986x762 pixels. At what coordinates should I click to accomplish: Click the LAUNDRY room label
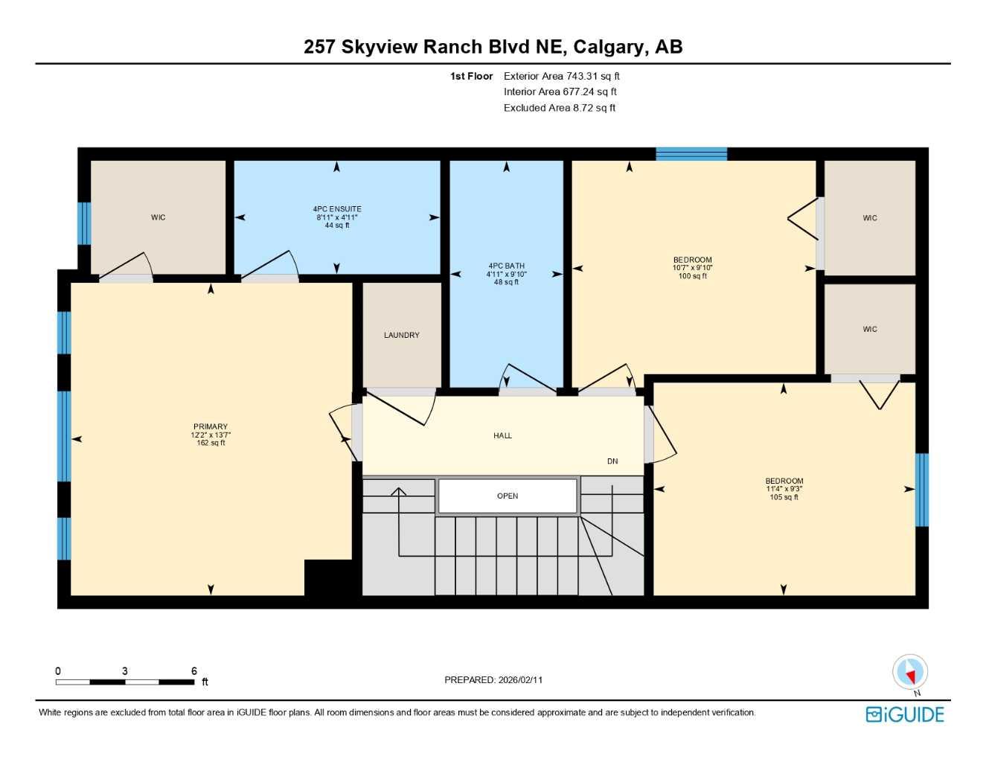pos(401,336)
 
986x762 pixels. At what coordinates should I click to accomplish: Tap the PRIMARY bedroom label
pos(211,427)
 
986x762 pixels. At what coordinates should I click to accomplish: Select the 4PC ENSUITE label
pos(337,209)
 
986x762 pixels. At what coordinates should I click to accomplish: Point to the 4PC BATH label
pos(506,266)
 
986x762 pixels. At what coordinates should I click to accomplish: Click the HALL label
pos(502,436)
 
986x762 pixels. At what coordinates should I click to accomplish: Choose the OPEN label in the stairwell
pos(508,496)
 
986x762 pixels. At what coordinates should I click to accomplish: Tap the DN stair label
pos(612,461)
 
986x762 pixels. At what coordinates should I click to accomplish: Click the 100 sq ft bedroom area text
pos(693,276)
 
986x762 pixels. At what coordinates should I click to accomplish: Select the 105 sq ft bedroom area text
pos(784,497)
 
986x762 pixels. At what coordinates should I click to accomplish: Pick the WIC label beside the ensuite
pos(159,218)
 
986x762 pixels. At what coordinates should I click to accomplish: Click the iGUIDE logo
pos(905,715)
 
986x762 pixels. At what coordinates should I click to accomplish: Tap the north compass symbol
pos(909,673)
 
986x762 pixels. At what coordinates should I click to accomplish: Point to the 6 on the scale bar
pos(194,671)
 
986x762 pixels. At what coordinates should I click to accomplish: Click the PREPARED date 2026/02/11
pos(493,680)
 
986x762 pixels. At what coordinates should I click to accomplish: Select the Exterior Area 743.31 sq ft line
pos(561,76)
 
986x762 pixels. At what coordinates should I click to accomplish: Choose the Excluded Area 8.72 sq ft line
pos(559,108)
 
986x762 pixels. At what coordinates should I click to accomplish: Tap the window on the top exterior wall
pos(691,154)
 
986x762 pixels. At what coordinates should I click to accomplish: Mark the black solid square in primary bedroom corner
pos(328,577)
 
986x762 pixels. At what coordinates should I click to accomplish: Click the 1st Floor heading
pos(471,76)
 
